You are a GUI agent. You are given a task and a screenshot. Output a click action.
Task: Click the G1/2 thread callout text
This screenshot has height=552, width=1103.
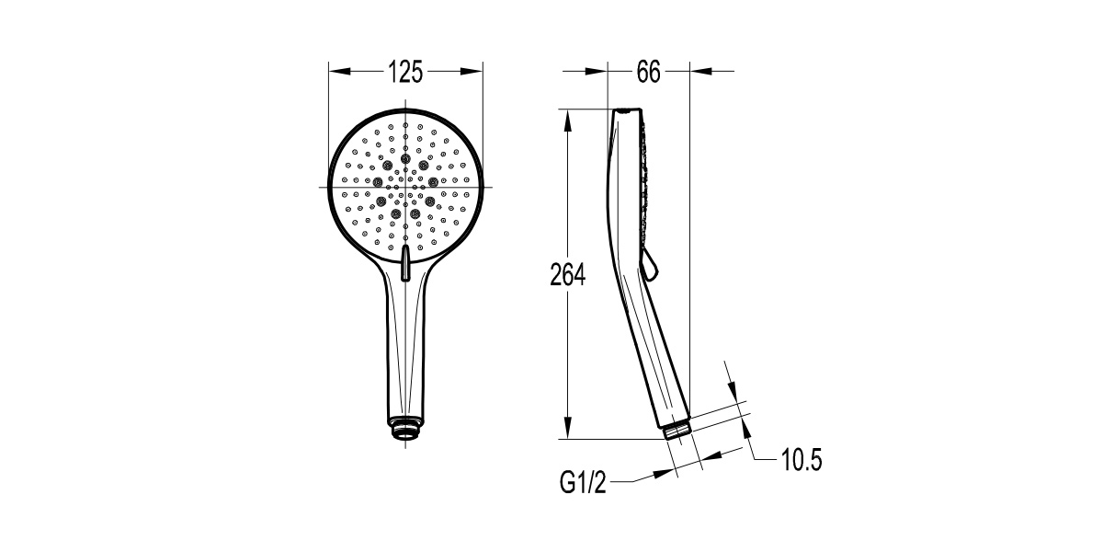point(584,481)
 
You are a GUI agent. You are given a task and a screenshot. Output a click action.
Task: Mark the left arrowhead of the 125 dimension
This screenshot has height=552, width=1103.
point(337,72)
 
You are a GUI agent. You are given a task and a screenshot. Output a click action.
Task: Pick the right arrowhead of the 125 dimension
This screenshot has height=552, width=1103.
point(475,72)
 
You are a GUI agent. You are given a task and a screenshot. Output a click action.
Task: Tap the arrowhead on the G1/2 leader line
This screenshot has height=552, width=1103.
point(664,473)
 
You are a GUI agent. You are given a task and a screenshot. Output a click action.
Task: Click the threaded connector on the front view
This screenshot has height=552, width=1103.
point(405,430)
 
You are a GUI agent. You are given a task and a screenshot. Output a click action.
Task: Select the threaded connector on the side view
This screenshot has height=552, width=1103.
point(678,430)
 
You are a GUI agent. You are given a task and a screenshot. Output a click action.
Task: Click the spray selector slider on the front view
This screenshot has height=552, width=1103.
point(405,261)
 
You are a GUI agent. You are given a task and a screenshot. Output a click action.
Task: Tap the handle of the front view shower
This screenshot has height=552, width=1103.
point(405,350)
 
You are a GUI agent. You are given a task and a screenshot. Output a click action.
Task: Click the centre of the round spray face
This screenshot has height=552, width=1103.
point(405,187)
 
